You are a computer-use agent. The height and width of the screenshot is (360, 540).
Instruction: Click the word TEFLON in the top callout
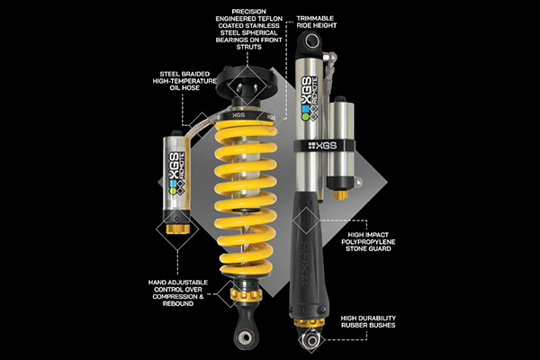(x=271, y=19)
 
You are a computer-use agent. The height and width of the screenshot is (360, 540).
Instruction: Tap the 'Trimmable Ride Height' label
(x=317, y=22)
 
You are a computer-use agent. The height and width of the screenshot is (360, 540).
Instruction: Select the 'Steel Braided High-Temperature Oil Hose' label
(x=184, y=81)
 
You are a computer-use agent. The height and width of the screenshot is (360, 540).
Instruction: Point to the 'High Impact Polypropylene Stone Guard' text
(x=368, y=242)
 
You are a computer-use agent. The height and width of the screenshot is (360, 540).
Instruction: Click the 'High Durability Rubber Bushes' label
(x=368, y=322)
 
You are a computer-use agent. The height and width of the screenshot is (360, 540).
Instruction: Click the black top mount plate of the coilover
(x=247, y=82)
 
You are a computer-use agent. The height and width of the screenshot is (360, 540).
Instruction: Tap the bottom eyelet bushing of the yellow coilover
(x=246, y=337)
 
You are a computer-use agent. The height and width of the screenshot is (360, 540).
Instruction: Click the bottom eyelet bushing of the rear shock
(x=311, y=341)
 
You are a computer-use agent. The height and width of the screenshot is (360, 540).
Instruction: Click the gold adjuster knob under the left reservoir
(x=177, y=229)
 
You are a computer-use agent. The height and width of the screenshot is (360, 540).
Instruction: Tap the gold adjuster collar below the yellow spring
(x=246, y=294)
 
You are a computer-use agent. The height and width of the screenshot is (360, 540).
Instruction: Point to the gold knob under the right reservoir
(x=340, y=195)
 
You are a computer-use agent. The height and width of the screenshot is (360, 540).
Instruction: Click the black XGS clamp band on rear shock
(x=324, y=146)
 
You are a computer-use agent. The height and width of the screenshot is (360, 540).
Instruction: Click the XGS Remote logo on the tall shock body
(x=310, y=98)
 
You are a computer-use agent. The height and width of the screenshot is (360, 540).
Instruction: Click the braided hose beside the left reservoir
(x=203, y=125)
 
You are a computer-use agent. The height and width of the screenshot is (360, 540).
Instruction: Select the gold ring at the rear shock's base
(x=310, y=323)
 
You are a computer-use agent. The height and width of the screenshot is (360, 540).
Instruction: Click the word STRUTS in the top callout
(x=248, y=47)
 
